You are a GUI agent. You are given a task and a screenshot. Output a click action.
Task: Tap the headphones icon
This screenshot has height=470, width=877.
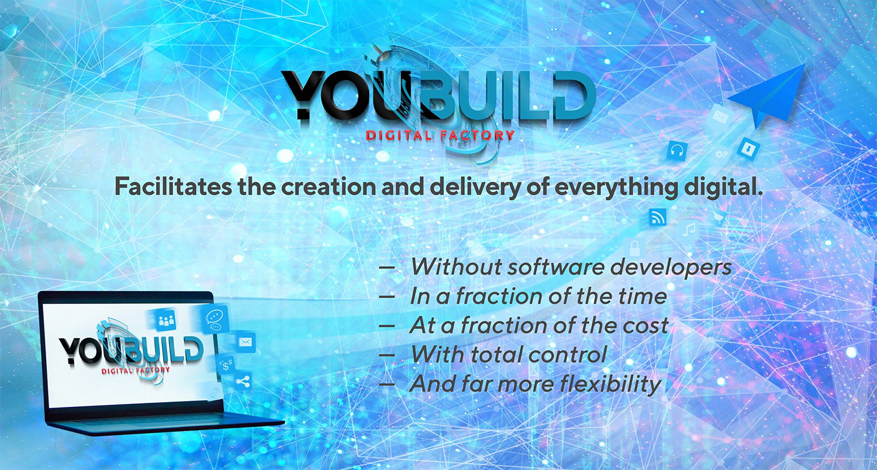[x=677, y=150]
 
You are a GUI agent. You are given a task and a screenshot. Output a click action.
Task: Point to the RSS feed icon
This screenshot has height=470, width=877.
[x=657, y=217]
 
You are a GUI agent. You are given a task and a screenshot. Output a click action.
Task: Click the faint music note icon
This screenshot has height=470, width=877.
[x=689, y=230]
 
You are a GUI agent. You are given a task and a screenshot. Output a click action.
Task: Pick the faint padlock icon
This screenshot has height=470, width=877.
[x=634, y=248]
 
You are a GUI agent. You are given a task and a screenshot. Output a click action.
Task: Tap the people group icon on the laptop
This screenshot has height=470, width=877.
[x=167, y=321]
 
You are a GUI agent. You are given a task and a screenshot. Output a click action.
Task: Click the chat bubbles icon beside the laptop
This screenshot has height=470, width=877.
[x=214, y=320]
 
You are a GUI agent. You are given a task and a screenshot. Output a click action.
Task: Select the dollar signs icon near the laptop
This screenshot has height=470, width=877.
[x=227, y=365]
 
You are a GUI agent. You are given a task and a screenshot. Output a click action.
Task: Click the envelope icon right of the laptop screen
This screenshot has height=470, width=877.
[x=246, y=343]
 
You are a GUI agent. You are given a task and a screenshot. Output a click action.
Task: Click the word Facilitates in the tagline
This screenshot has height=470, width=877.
[x=173, y=187]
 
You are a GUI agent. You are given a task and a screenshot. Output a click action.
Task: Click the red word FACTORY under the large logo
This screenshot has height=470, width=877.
[x=477, y=136]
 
